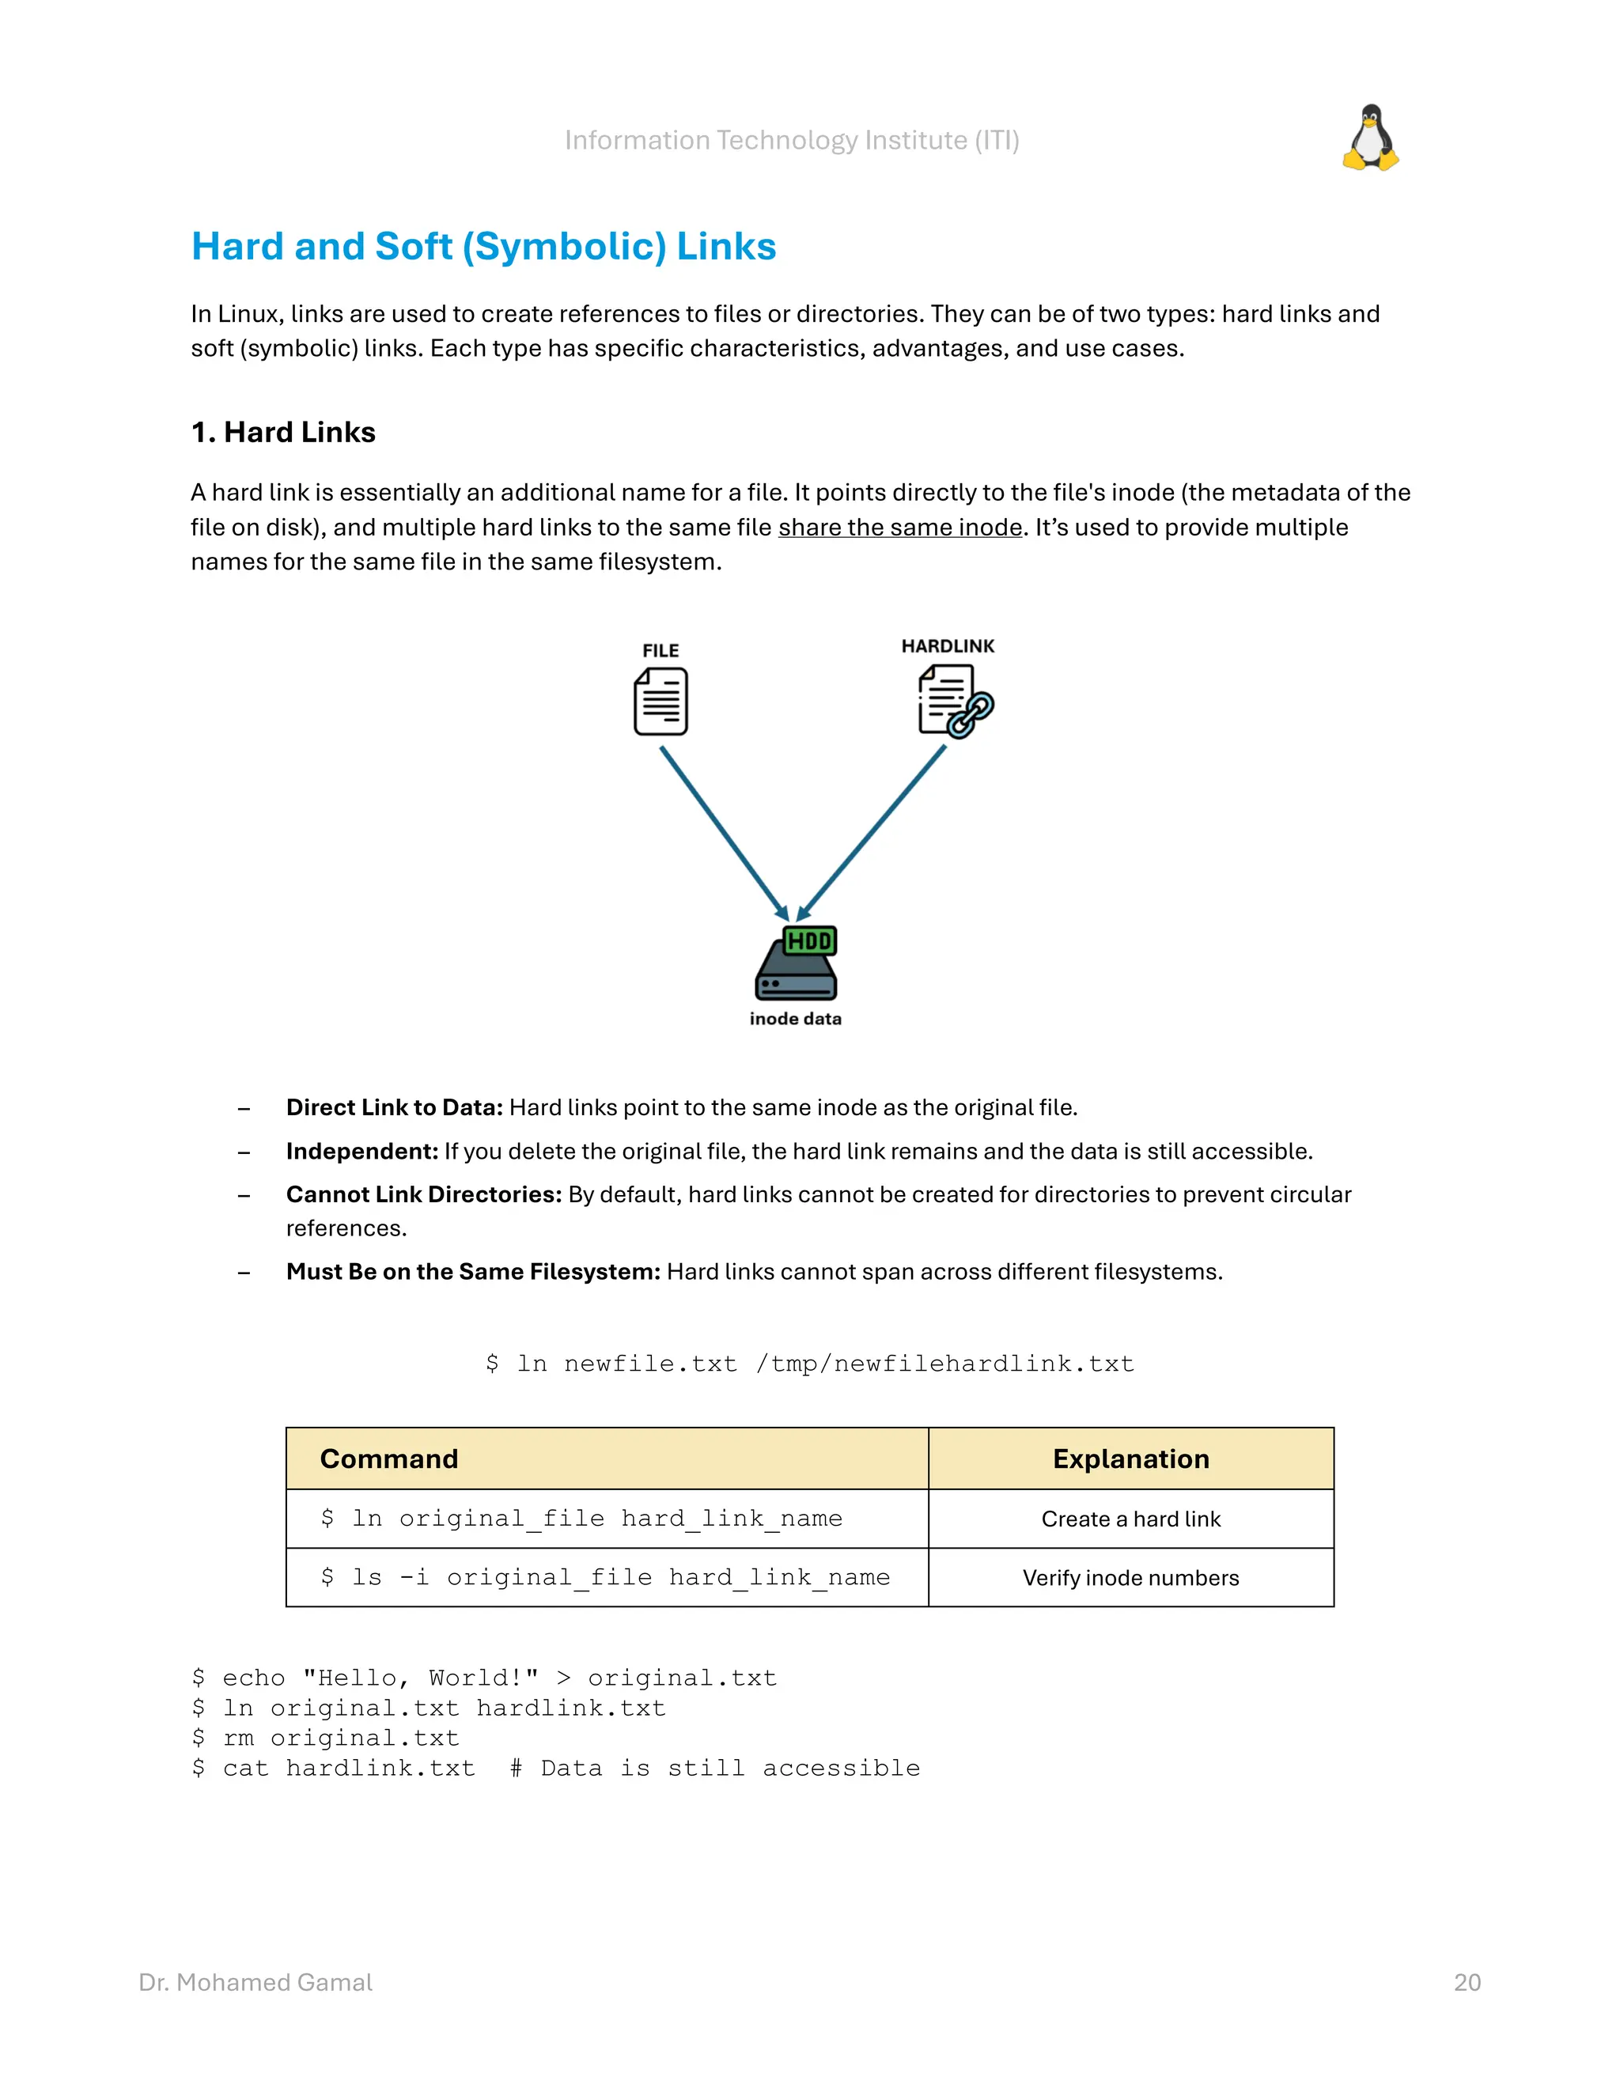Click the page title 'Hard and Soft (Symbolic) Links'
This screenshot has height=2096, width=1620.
click(x=483, y=247)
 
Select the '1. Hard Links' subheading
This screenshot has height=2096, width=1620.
click(x=283, y=433)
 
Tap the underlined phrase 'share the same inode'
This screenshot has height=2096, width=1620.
click(x=899, y=528)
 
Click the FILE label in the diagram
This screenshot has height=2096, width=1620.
click(x=660, y=651)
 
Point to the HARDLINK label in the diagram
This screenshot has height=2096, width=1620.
click(x=947, y=646)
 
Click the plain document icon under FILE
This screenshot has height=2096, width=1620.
click(x=660, y=702)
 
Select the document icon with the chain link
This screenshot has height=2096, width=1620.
click(x=954, y=702)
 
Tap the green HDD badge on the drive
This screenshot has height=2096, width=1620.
click(x=809, y=940)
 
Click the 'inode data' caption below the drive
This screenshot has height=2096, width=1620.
click(x=795, y=1020)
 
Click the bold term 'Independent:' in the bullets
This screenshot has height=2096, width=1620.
click(x=361, y=1152)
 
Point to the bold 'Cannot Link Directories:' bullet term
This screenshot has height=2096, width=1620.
click(x=423, y=1195)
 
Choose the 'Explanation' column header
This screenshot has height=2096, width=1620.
click(x=1130, y=1458)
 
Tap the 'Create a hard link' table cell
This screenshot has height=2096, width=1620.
click(x=1130, y=1519)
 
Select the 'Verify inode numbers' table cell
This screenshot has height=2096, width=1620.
click(x=1130, y=1578)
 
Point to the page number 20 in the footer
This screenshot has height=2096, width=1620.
click(x=1467, y=1983)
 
